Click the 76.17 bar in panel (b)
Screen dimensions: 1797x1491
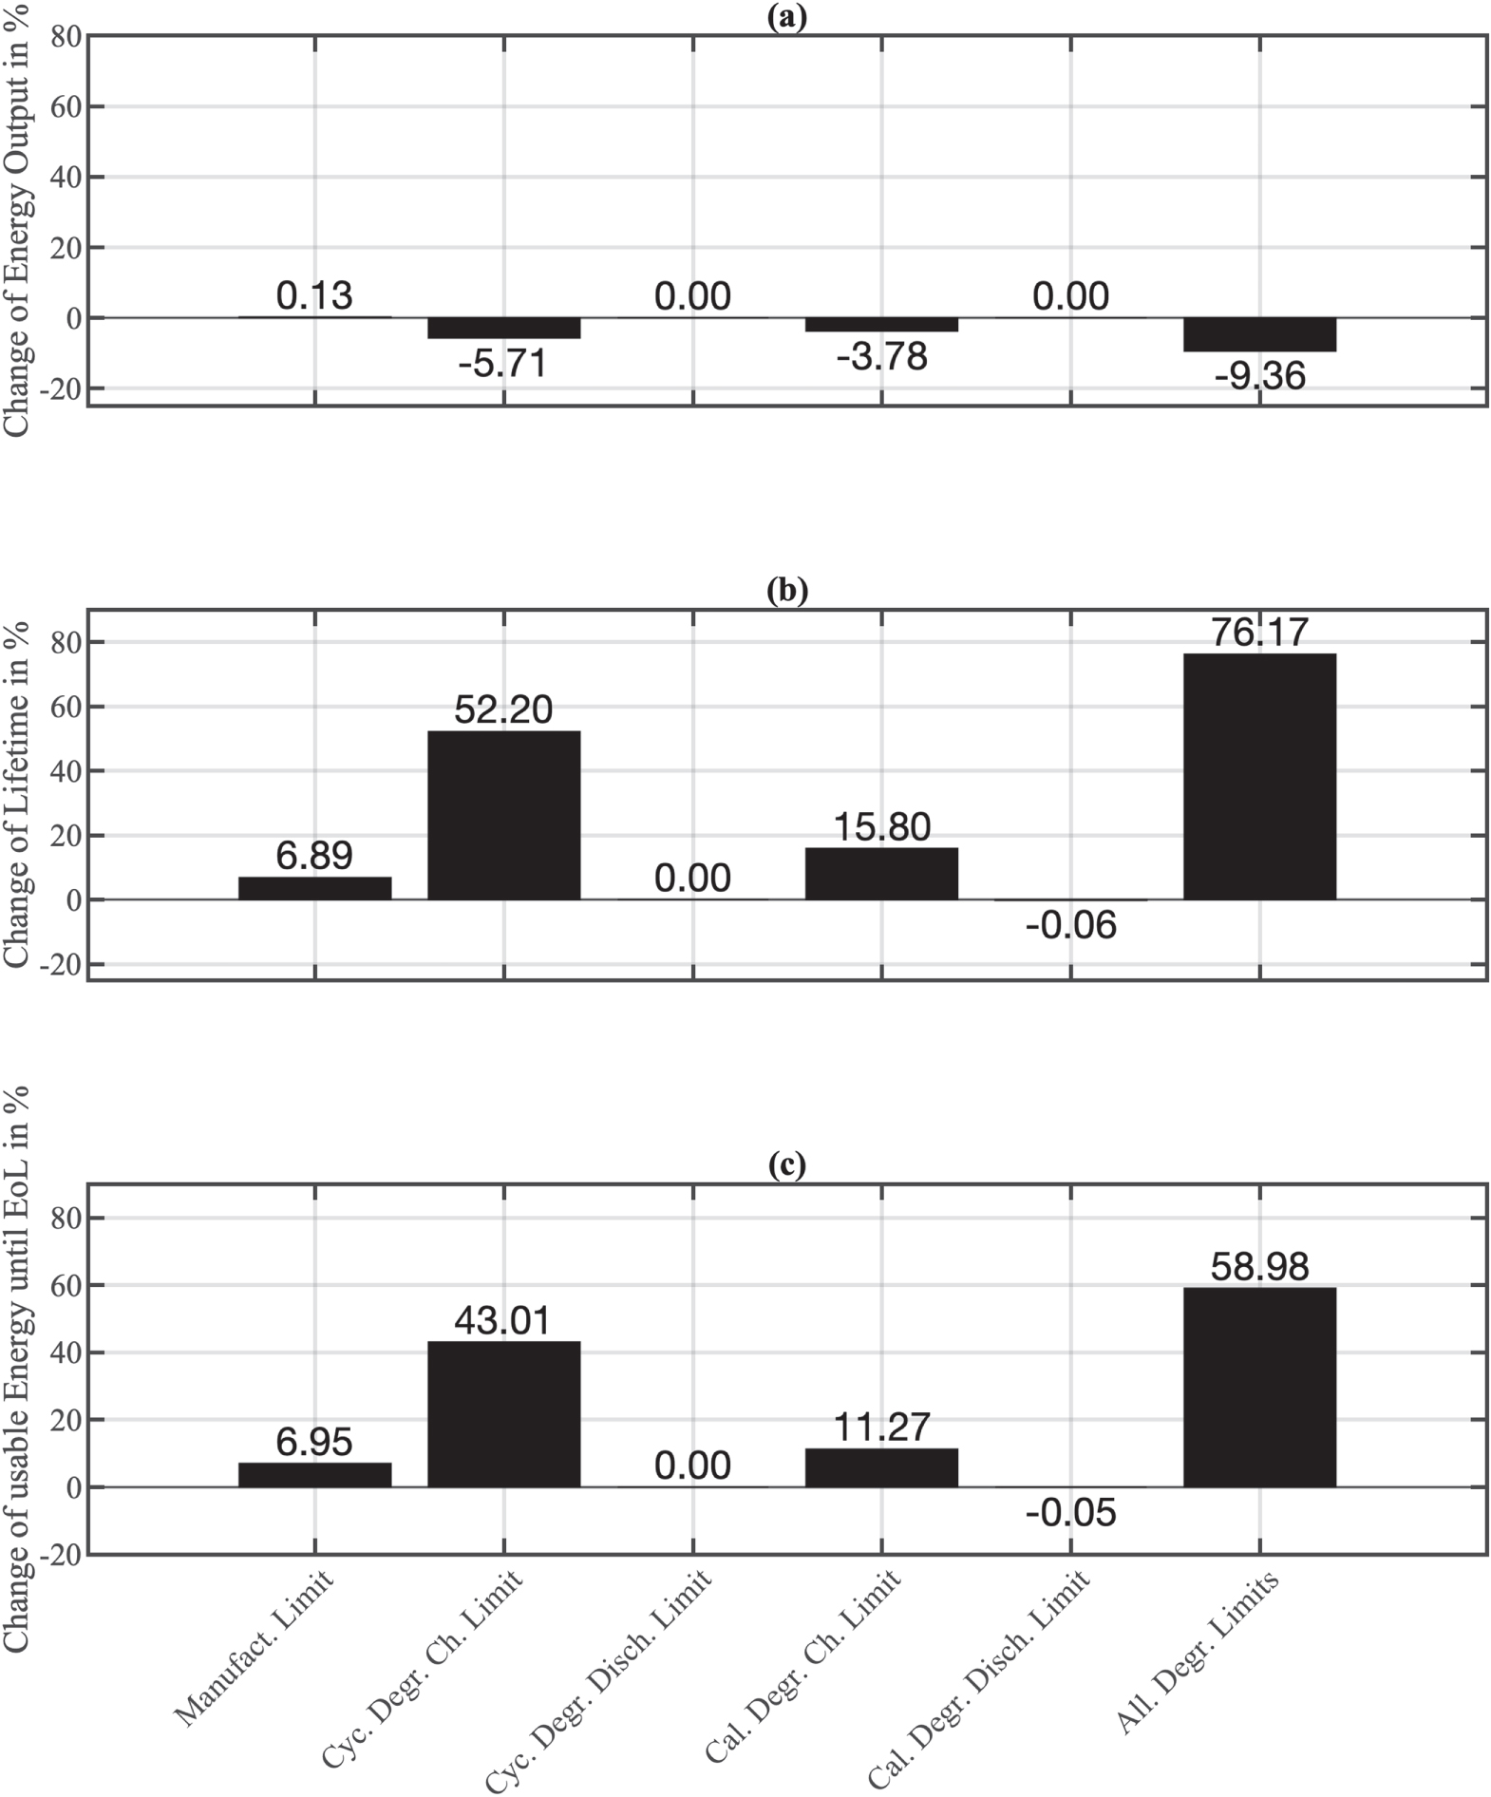coord(1259,776)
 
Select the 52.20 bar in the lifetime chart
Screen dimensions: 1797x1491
coord(503,815)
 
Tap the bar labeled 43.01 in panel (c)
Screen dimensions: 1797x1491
coord(503,1413)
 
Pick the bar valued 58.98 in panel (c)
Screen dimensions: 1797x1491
coord(1259,1387)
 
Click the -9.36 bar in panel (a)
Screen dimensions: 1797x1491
coord(1259,334)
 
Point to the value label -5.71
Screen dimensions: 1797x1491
coord(503,363)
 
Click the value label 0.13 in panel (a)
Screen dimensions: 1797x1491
coord(314,295)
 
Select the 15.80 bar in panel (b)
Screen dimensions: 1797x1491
coord(881,874)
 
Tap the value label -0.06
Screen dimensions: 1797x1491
coord(1070,924)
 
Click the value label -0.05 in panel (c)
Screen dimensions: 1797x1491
coord(1070,1512)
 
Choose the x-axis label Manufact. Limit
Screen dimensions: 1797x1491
coord(255,1648)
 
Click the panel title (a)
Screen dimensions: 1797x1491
coord(786,17)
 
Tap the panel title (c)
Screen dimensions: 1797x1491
coord(786,1165)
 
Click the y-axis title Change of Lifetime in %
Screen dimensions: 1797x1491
coord(17,794)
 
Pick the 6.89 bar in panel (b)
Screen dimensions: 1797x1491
coord(314,888)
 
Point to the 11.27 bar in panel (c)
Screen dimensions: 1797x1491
coord(881,1467)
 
